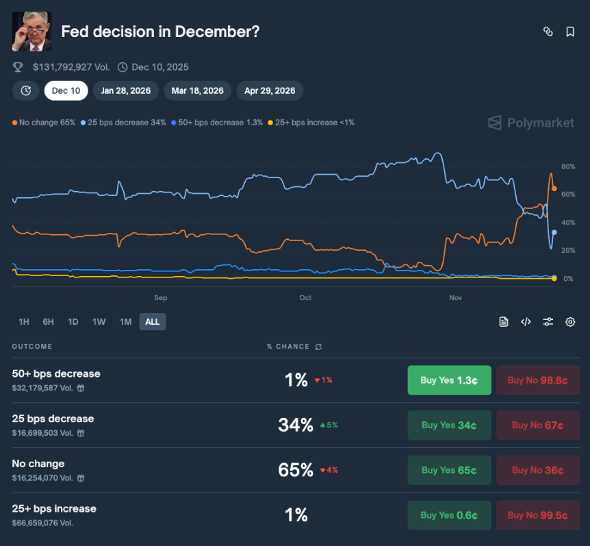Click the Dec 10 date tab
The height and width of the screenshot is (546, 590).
point(66,90)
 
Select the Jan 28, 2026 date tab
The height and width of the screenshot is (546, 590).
point(126,90)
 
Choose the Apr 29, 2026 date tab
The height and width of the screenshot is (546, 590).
point(270,90)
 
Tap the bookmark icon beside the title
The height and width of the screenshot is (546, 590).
point(569,32)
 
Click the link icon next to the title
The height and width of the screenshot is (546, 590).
point(548,32)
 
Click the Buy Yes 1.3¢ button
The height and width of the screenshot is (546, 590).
point(449,380)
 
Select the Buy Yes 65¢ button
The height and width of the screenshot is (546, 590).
point(449,470)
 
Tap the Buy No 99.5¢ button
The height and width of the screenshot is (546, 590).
point(538,515)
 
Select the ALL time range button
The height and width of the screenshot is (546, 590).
point(153,322)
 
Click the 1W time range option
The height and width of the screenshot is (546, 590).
point(99,322)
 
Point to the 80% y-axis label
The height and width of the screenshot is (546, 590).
point(567,166)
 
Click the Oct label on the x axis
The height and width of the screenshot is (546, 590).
point(305,297)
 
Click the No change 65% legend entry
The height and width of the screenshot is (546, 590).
point(44,123)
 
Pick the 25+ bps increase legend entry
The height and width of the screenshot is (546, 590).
point(311,123)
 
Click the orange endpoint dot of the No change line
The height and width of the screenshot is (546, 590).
point(554,188)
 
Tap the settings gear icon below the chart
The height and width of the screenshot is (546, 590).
point(569,322)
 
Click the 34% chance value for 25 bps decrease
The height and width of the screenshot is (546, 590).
point(295,425)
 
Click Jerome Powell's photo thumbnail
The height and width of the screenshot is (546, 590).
point(31,32)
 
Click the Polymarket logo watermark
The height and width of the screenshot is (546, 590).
point(530,123)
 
